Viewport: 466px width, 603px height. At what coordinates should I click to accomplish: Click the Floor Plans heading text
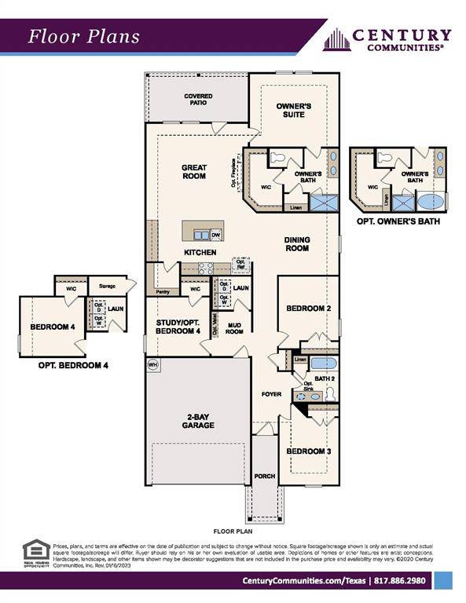[x=84, y=36]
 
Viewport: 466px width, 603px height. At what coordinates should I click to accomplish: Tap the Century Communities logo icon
[x=336, y=39]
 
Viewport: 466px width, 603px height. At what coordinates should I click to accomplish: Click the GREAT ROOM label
[x=193, y=171]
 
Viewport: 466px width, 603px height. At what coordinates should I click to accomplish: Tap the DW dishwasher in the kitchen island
[x=215, y=235]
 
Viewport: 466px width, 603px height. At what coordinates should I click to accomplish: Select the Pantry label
[x=163, y=291]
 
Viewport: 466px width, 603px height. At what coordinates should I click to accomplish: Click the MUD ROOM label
[x=234, y=328]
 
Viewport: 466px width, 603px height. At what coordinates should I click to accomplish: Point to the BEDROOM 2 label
[x=307, y=309]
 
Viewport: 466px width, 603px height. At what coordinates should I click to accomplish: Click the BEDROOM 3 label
[x=307, y=451]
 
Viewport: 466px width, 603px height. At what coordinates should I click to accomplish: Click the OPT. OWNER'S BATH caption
[x=398, y=221]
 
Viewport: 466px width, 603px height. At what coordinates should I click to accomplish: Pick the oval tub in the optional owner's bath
[x=431, y=201]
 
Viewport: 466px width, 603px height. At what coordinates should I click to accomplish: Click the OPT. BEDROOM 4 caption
[x=73, y=365]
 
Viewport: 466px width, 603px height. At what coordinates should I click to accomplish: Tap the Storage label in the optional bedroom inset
[x=107, y=287]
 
